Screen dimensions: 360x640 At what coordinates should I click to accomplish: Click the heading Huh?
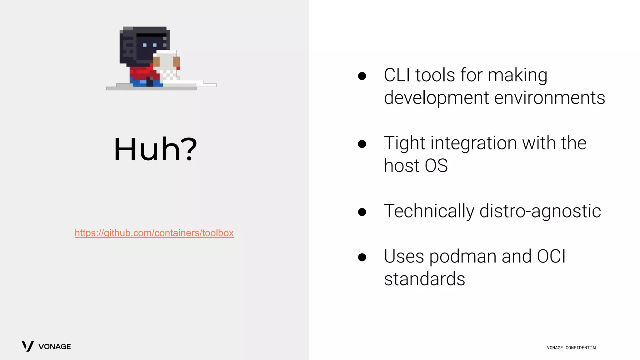[x=155, y=149]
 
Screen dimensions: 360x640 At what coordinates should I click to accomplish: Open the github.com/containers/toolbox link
[x=154, y=233]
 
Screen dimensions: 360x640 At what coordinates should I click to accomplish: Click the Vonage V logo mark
[x=27, y=346]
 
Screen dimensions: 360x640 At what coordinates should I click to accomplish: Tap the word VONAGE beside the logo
[x=54, y=347]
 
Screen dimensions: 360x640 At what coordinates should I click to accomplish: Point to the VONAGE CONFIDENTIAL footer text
[x=572, y=348]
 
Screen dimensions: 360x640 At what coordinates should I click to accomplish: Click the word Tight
[x=404, y=143]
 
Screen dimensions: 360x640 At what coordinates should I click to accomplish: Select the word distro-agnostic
[x=540, y=211]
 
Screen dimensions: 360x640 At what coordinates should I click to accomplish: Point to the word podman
[x=462, y=257]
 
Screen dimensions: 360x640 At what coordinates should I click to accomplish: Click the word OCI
[x=551, y=257]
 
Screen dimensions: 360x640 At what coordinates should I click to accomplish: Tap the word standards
[x=424, y=279]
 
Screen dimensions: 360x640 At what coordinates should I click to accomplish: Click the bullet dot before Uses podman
[x=362, y=257]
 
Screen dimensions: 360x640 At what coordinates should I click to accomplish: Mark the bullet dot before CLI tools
[x=362, y=76]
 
